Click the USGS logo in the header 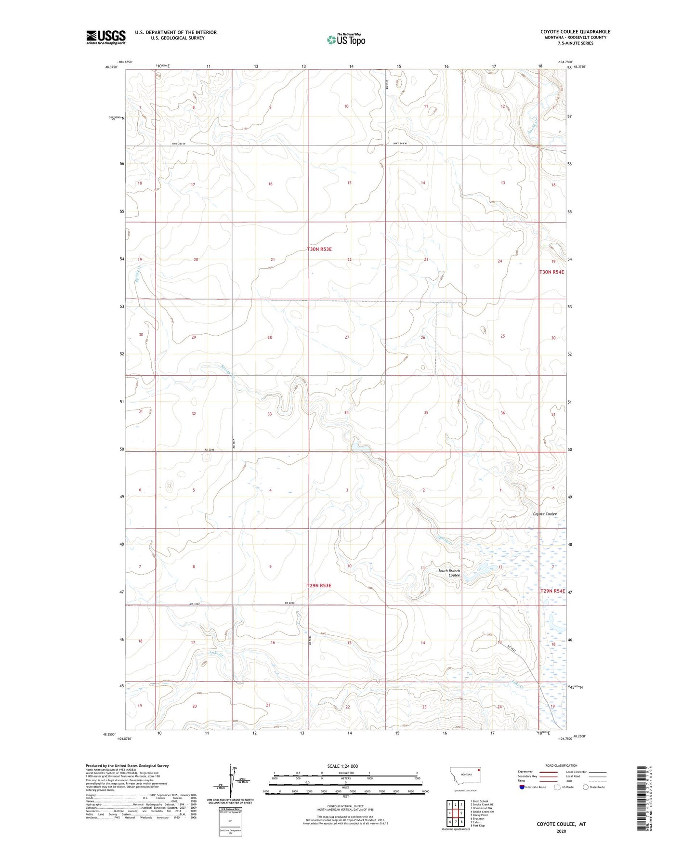pyautogui.click(x=105, y=37)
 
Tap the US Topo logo pyautogui.click(x=345, y=39)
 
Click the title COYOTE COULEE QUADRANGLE pyautogui.click(x=575, y=32)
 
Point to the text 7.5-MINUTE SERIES pyautogui.click(x=576, y=43)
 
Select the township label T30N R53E pyautogui.click(x=319, y=249)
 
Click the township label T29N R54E pyautogui.click(x=552, y=591)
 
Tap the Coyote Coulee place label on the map pyautogui.click(x=545, y=514)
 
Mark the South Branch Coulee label pyautogui.click(x=449, y=573)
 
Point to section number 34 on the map pyautogui.click(x=346, y=413)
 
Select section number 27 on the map pyautogui.click(x=347, y=337)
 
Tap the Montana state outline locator pyautogui.click(x=465, y=776)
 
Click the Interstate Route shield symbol pyautogui.click(x=522, y=788)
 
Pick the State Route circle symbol pyautogui.click(x=586, y=788)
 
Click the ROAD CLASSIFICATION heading pyautogui.click(x=561, y=765)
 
